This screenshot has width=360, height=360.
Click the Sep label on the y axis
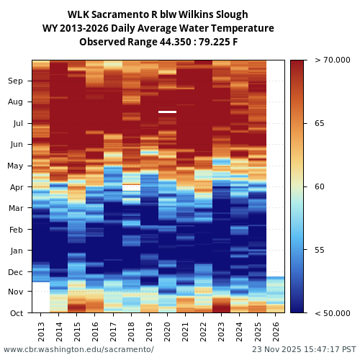coord(15,81)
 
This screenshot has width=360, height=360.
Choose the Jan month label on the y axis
coord(16,251)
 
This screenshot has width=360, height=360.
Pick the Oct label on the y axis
coord(16,312)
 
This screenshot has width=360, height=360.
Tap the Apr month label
coord(16,187)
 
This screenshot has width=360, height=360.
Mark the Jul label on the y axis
coord(17,124)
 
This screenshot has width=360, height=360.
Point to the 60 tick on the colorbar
coord(319,186)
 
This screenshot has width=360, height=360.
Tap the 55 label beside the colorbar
coord(319,250)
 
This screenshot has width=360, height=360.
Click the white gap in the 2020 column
coord(167,112)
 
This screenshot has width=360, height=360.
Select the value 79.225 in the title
coord(207,42)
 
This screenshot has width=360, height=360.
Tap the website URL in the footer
coord(78,349)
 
